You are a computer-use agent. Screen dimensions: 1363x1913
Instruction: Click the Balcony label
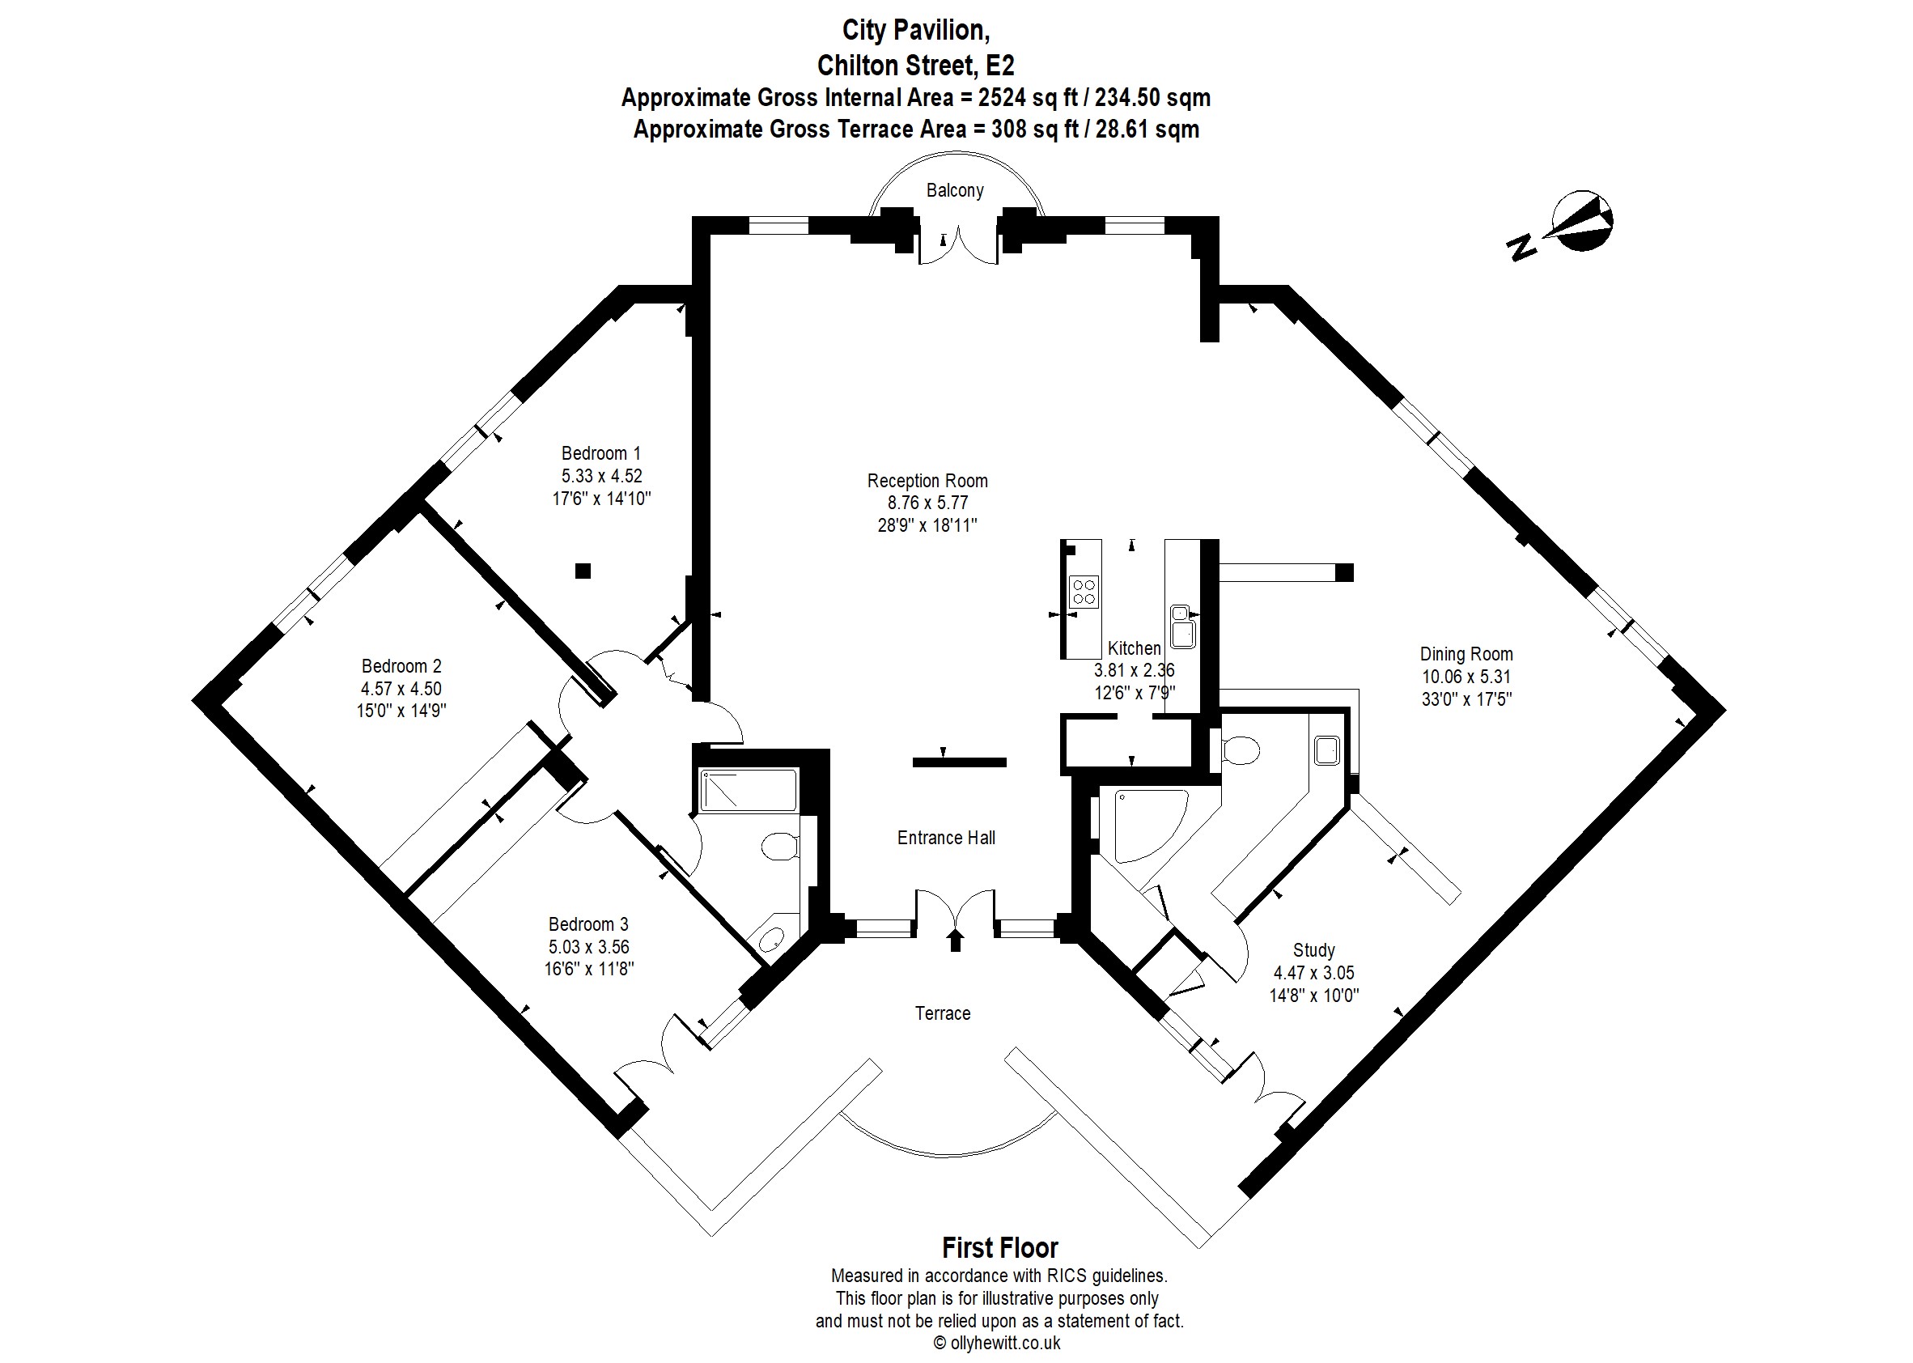(x=954, y=190)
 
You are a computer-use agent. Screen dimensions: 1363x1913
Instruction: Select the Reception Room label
(x=927, y=481)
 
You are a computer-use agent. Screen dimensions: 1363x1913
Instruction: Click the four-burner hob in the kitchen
(x=1084, y=591)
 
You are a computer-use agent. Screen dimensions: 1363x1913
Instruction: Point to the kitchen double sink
(x=1182, y=626)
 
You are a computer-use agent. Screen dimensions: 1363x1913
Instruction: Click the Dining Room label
(x=1466, y=654)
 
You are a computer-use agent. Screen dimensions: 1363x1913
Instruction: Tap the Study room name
(x=1313, y=950)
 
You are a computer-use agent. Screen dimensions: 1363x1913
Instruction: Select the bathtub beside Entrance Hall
(x=749, y=791)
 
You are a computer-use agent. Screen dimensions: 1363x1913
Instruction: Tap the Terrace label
(x=942, y=1013)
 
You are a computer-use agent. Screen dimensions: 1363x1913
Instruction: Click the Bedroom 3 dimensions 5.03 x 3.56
(x=588, y=947)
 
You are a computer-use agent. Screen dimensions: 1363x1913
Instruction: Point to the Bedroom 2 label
(x=401, y=666)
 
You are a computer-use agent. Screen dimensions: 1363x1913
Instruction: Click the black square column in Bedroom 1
(x=583, y=571)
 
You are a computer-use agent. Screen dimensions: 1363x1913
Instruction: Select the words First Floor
(x=999, y=1248)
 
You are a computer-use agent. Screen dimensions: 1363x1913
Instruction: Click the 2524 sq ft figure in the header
(x=1028, y=98)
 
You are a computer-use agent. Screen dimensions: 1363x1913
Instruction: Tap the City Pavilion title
(x=915, y=30)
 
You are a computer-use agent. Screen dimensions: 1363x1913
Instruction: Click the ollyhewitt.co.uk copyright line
(x=998, y=1343)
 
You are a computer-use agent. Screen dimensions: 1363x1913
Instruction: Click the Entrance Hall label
(x=946, y=838)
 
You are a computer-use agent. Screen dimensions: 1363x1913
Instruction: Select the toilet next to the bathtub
(x=779, y=846)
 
